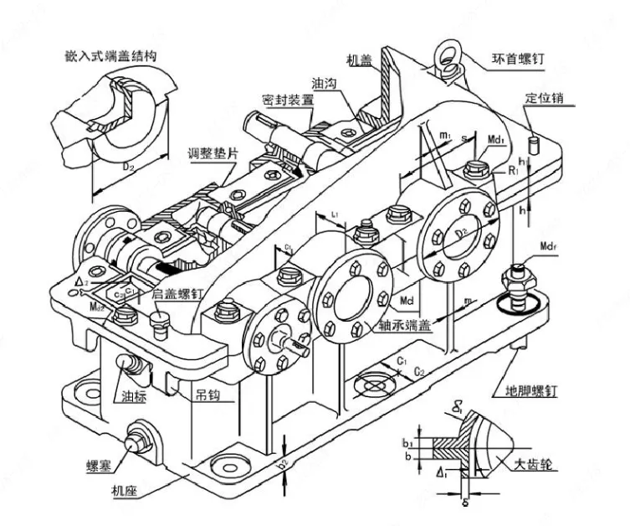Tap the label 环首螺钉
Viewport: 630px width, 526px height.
[x=516, y=60]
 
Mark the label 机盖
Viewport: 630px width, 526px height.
[x=359, y=60]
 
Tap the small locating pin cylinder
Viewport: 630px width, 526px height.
[x=540, y=137]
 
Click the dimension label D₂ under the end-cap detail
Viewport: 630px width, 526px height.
[x=128, y=166]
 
